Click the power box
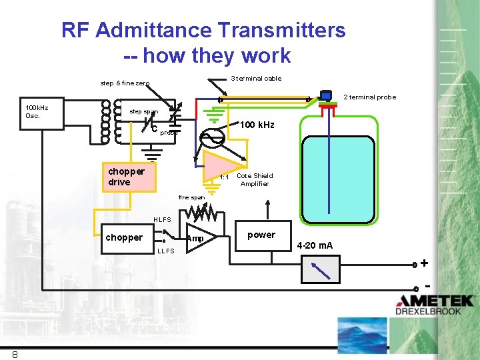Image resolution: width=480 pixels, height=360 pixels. click(261, 235)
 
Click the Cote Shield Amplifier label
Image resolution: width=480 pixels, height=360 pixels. click(255, 180)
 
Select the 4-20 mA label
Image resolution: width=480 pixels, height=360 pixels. click(315, 245)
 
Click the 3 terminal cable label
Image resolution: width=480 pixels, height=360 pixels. click(256, 79)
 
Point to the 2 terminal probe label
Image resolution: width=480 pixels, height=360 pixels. click(369, 97)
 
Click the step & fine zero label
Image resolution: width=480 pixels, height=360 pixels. click(125, 83)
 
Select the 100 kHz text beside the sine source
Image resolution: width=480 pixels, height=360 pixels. click(257, 125)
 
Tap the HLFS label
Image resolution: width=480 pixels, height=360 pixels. click(162, 219)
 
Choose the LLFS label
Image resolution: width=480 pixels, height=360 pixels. click(165, 251)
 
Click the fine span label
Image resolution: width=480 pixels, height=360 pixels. click(191, 197)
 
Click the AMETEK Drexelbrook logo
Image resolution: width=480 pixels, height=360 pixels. click(435, 305)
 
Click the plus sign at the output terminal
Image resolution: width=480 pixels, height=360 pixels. click(424, 263)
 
